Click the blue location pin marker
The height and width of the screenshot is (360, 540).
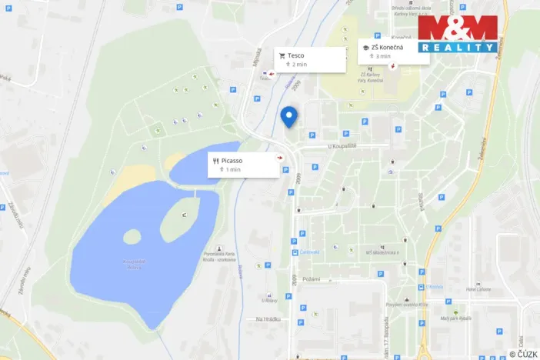point(288,115)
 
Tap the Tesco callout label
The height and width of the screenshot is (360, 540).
point(311,59)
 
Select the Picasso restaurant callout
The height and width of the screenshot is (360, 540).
point(243,164)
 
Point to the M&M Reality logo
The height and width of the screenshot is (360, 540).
point(458,34)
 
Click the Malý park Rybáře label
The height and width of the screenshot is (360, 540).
point(455,318)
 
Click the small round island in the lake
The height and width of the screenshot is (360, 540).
point(132,236)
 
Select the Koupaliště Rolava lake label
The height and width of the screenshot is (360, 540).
point(134,264)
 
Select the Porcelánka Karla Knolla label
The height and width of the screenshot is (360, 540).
point(220,259)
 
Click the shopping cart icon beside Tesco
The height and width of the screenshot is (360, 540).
point(282,55)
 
